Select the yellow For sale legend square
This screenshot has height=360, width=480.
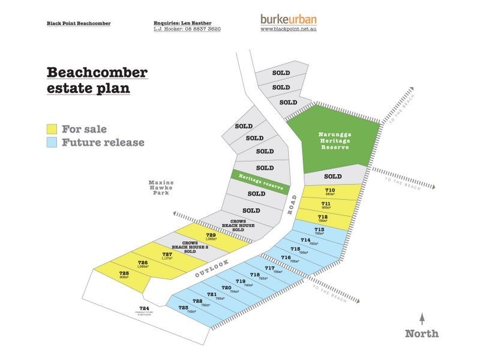pyautogui.click(x=52, y=129)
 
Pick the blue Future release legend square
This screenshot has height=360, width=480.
pyautogui.click(x=52, y=143)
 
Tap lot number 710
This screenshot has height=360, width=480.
pyautogui.click(x=330, y=191)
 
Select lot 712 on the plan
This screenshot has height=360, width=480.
pyautogui.click(x=322, y=217)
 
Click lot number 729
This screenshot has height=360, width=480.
pyautogui.click(x=211, y=235)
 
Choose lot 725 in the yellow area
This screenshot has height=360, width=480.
pyautogui.click(x=124, y=274)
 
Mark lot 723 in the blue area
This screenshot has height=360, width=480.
pyautogui.click(x=183, y=308)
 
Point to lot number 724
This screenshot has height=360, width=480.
pyautogui.click(x=142, y=310)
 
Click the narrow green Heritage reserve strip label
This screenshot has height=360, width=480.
pyautogui.click(x=257, y=180)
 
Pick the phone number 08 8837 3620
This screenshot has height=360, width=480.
pyautogui.click(x=200, y=29)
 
